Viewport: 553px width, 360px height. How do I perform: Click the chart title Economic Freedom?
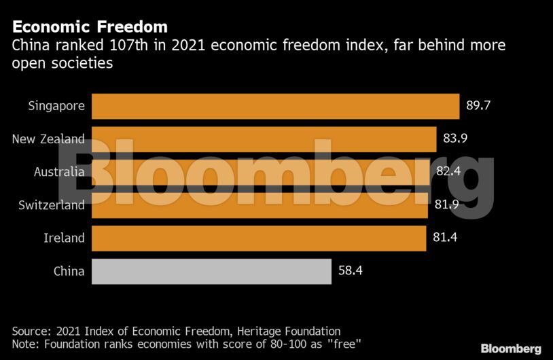90,27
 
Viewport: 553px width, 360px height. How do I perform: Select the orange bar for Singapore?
275,106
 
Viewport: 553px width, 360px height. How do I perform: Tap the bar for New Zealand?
264,139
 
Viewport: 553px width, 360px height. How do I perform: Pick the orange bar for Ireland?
258,238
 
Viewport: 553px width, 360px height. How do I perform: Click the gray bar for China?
211,271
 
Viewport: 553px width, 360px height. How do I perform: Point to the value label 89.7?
480,106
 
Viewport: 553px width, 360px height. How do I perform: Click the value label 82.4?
448,172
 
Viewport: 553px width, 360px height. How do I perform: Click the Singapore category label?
56,106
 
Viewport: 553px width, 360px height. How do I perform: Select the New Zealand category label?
48,139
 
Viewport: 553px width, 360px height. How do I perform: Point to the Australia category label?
59,172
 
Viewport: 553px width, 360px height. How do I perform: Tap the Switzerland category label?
51,205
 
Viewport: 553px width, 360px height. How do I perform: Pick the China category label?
69,271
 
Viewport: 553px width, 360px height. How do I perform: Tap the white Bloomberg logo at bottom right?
511,348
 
